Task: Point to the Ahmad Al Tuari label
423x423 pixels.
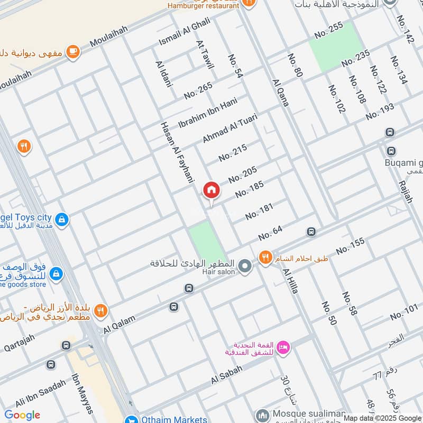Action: coord(230,127)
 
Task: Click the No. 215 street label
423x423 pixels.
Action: coord(233,153)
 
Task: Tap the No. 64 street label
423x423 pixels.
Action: coord(271,232)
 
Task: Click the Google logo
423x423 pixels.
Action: coord(22,415)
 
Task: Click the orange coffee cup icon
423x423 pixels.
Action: coord(72,51)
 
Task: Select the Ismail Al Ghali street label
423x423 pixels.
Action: coord(185,31)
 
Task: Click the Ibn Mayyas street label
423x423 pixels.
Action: coord(83,394)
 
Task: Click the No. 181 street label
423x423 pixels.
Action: coord(260,212)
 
